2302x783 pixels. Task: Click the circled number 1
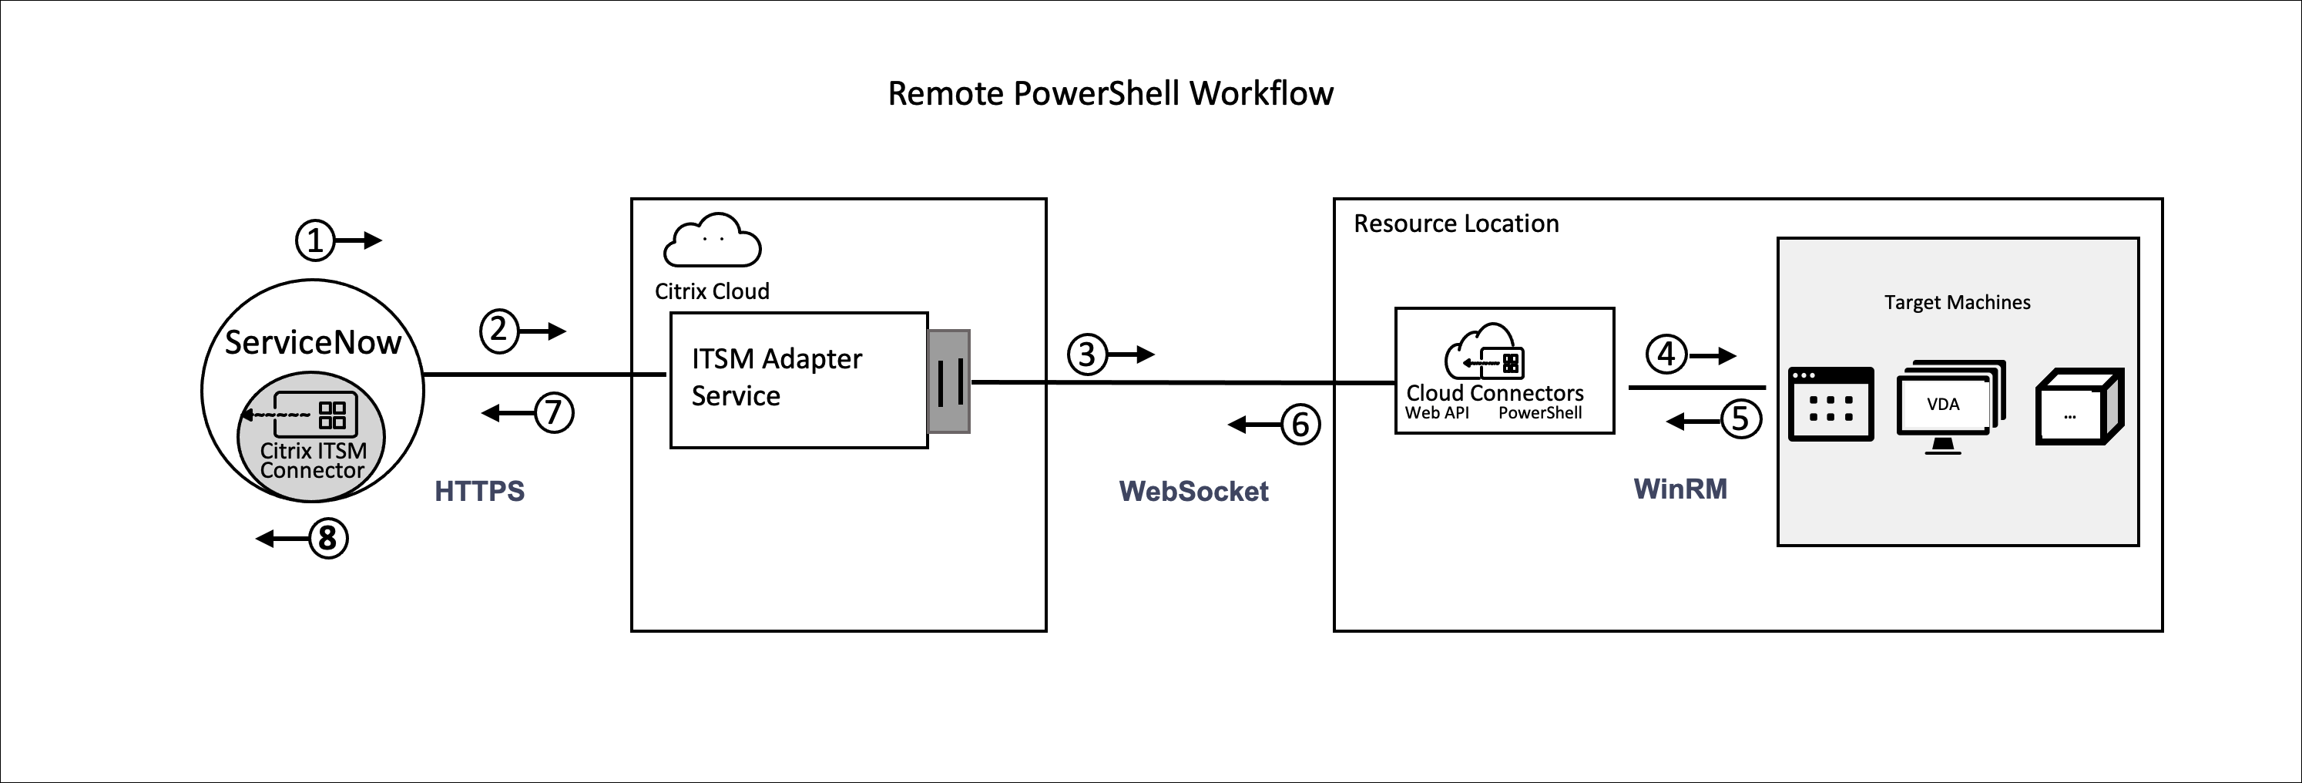point(314,240)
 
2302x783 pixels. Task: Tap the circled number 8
point(328,538)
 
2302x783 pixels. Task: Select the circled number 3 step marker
point(1086,355)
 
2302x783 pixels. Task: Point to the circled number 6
point(1300,425)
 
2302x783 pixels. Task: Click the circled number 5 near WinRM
point(1740,419)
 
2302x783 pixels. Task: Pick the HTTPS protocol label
point(479,491)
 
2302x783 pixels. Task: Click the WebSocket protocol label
point(1193,491)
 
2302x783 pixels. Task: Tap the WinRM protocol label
point(1680,489)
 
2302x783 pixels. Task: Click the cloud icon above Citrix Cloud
point(712,240)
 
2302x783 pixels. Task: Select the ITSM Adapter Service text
point(776,377)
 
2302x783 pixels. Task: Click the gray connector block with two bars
point(948,381)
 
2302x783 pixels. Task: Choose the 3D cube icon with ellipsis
point(2079,407)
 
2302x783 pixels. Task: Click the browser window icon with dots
point(1831,404)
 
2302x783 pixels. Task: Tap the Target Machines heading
point(1957,302)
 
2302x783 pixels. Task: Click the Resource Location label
point(1456,223)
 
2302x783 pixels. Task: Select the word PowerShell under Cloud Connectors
point(1540,413)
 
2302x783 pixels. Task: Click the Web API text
point(1436,413)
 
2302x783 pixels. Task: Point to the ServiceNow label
point(312,342)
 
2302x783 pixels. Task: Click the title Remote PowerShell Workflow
point(1110,94)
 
